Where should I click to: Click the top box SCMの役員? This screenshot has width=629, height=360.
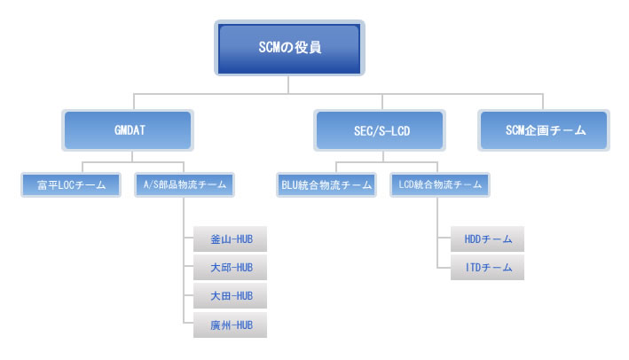[x=289, y=48]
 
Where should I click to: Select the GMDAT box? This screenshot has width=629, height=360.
[x=128, y=130]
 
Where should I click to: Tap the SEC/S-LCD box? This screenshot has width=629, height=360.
[x=380, y=130]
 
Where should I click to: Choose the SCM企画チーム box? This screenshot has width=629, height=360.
[x=544, y=130]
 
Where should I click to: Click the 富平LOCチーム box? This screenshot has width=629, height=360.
[x=71, y=184]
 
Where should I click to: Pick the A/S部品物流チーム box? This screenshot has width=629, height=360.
[x=185, y=184]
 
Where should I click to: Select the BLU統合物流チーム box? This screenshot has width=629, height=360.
[x=326, y=184]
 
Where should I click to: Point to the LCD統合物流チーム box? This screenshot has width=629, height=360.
[x=440, y=184]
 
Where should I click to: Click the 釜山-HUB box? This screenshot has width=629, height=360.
[x=230, y=239]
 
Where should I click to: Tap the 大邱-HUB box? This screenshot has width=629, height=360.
[x=230, y=268]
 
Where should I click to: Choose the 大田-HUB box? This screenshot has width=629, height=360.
[x=230, y=296]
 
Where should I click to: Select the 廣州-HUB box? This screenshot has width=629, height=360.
[x=230, y=325]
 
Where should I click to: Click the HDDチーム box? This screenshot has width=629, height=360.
[x=487, y=239]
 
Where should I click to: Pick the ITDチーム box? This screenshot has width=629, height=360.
[x=487, y=268]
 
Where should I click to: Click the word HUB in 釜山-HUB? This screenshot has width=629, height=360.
[x=244, y=239]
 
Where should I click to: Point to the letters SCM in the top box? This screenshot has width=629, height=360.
[x=269, y=47]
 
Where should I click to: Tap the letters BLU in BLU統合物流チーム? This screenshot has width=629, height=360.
[x=289, y=184]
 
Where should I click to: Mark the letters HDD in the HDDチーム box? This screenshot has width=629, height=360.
[x=473, y=239]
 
